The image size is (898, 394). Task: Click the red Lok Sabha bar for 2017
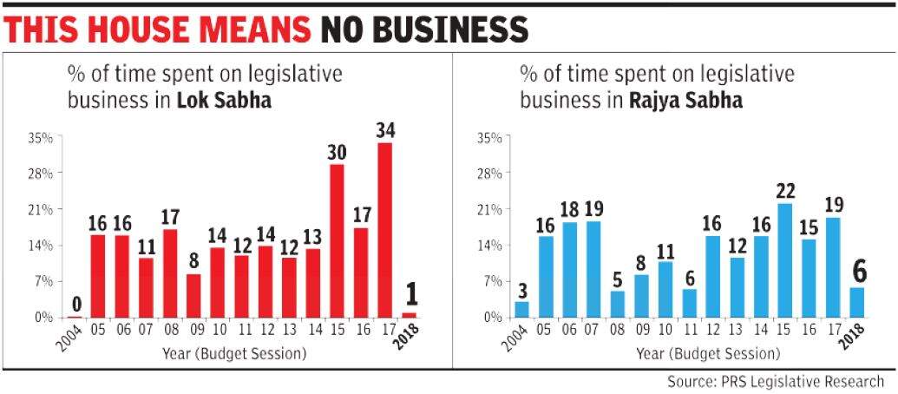385,230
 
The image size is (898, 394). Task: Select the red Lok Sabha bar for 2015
337,240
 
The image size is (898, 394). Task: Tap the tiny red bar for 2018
409,314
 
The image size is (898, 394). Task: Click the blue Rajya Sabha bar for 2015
786,260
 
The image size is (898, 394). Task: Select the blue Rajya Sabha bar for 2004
521,309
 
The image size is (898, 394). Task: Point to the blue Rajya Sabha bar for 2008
618,304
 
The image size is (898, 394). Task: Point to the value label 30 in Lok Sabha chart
337,152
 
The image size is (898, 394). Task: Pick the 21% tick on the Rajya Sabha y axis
490,209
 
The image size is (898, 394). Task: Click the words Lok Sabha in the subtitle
224,101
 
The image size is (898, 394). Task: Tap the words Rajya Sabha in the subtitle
688,101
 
